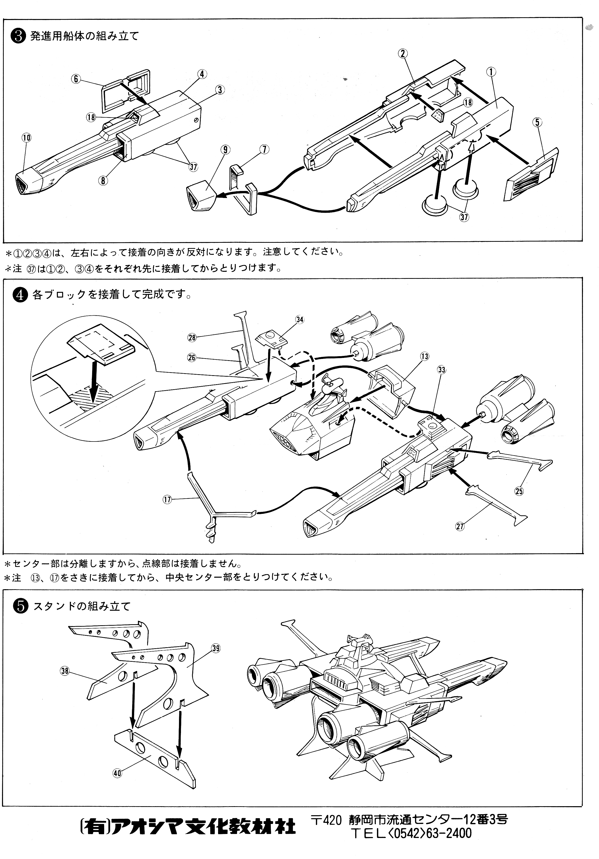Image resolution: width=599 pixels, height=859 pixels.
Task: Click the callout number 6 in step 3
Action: (x=76, y=79)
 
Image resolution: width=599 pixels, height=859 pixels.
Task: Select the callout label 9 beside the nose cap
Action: (x=225, y=150)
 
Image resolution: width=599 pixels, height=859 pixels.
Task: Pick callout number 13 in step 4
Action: (x=425, y=356)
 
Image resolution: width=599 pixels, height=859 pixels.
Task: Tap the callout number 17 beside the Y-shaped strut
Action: (x=167, y=499)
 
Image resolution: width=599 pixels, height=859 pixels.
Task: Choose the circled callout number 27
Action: (x=459, y=526)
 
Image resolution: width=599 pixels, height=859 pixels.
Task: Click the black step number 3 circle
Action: (x=18, y=37)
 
